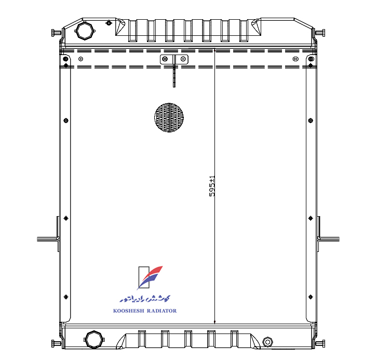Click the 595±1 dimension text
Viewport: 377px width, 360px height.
[212, 186]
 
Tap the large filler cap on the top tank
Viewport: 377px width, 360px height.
[85, 31]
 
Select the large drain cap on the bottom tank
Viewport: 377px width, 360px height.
[95, 339]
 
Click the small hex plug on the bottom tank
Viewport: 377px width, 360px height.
[267, 342]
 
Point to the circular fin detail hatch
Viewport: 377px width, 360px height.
[169, 117]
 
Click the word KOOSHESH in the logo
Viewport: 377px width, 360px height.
[129, 311]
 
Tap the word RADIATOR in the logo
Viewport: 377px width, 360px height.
[162, 311]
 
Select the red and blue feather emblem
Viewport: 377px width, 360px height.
[150, 277]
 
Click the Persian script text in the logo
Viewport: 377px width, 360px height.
[145, 298]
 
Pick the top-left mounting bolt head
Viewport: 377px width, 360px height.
[57, 32]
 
